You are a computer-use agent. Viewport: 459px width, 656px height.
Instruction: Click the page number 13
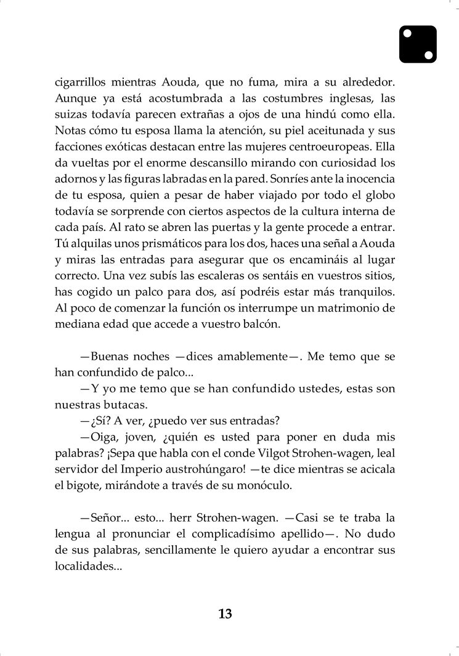pos(225,613)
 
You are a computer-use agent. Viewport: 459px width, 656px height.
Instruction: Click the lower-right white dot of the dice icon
pos(429,55)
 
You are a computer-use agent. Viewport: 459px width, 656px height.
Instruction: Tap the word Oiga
pos(102,437)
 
